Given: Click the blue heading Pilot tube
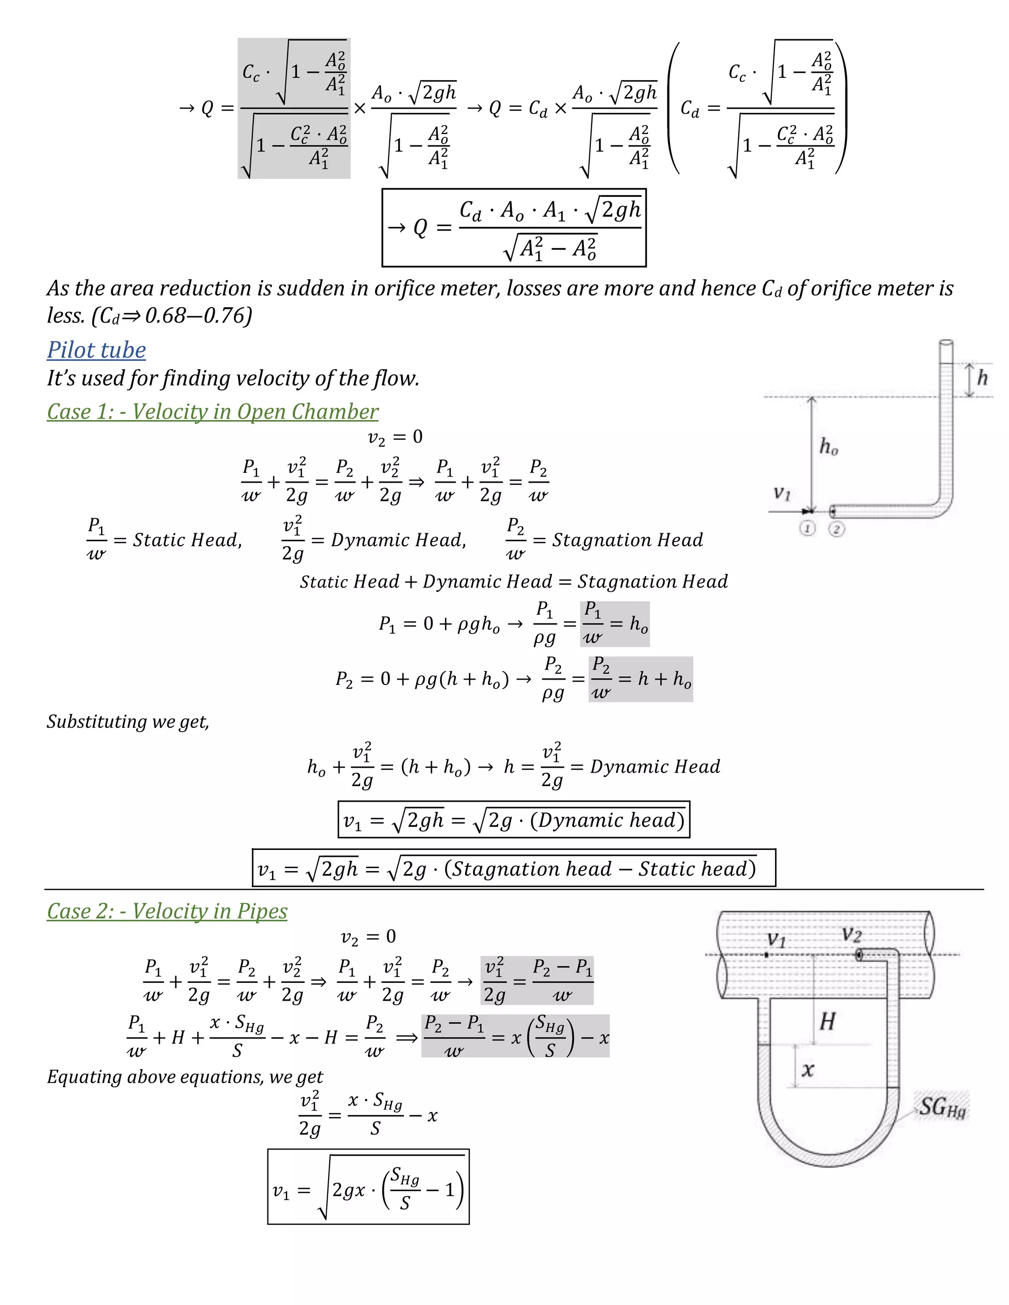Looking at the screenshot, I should click(96, 350).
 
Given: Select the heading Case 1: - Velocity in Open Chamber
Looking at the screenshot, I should click(212, 412).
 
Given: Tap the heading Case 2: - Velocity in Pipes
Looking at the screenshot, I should click(167, 911).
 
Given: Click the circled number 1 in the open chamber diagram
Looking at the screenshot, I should click(807, 528).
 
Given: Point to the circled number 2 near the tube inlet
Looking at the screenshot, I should click(836, 529).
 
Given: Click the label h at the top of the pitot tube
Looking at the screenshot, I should click(982, 378).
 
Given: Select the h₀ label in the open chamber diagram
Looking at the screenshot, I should click(829, 446).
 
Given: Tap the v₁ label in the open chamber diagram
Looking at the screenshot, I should click(782, 493).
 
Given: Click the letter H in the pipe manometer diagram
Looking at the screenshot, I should click(827, 1021).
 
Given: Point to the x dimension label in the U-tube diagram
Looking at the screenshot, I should click(807, 1069).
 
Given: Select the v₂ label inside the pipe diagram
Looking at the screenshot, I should click(851, 934).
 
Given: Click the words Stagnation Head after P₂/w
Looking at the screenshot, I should click(627, 540).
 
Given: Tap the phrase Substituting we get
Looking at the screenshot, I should click(128, 722).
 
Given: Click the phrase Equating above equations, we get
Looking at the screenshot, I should click(185, 1077).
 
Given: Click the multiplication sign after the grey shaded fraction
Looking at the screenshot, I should click(359, 108).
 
